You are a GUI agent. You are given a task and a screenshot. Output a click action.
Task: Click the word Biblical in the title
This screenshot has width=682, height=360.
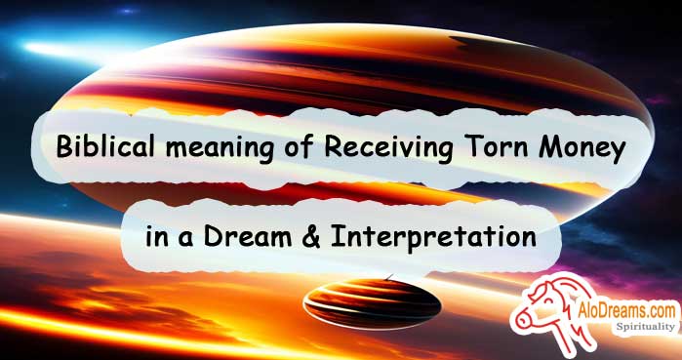point(100,148)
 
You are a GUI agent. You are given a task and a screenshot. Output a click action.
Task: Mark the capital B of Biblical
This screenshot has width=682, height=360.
point(64,148)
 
